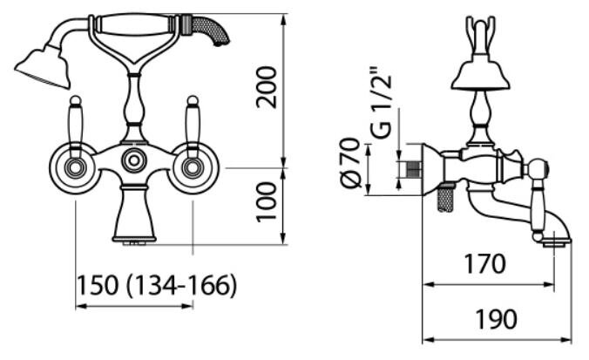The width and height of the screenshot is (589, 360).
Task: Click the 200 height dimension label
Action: click(x=267, y=87)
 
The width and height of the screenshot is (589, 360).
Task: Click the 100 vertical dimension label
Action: click(x=267, y=202)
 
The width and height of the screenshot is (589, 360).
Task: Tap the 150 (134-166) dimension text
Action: click(x=157, y=285)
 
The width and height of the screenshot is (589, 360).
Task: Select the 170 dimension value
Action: click(x=485, y=264)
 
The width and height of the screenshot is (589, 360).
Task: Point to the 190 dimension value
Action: click(x=497, y=319)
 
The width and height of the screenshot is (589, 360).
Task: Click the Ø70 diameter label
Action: click(x=351, y=162)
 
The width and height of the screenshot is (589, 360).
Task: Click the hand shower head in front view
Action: click(x=44, y=68)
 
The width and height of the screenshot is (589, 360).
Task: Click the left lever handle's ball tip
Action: click(x=76, y=101)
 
